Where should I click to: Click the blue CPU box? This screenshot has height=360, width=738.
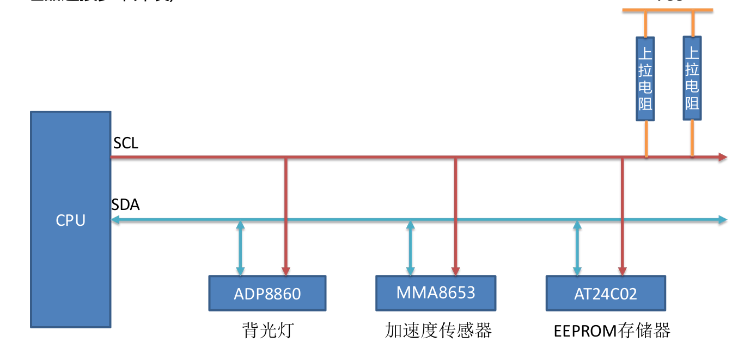70,219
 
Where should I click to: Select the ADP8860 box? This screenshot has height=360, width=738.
267,293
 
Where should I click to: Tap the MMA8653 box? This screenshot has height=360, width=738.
436,293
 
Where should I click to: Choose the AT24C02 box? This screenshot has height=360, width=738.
605,293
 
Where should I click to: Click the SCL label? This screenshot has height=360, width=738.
126,143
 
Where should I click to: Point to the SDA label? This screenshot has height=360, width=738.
125,205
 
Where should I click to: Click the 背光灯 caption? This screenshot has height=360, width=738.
267,331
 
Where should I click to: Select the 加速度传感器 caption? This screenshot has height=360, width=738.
438,331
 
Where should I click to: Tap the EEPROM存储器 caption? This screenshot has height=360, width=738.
611,331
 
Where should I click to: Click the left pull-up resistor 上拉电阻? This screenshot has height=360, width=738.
645,79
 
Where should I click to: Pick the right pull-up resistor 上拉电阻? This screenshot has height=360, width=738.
692,79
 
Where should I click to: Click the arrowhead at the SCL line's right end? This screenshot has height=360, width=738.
722,157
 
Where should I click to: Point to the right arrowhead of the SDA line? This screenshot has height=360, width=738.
722,220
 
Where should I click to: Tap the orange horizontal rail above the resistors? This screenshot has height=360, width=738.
667,10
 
